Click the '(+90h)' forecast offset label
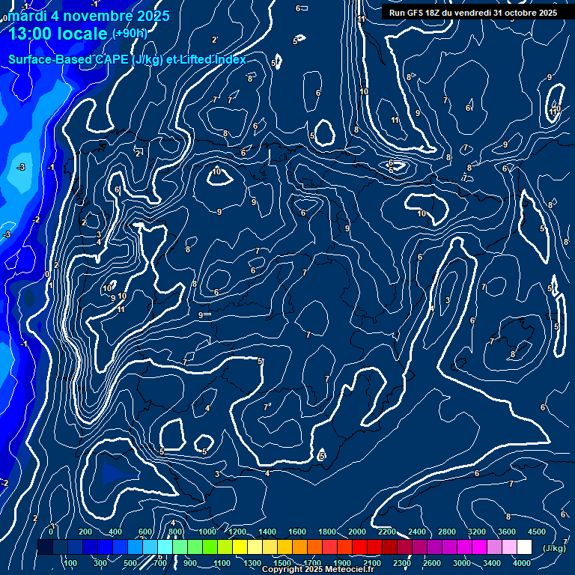[130, 33]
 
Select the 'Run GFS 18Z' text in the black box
[417, 13]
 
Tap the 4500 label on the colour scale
[537, 532]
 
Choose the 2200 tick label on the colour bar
[387, 532]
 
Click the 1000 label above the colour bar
[207, 532]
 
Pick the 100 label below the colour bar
[70, 563]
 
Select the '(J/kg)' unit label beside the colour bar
[553, 548]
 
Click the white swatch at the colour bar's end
[525, 548]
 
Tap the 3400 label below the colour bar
[492, 563]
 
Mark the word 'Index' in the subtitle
[230, 60]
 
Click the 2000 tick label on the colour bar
[357, 532]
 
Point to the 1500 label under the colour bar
[282, 563]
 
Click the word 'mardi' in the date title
[25, 16]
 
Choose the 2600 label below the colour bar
[432, 563]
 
